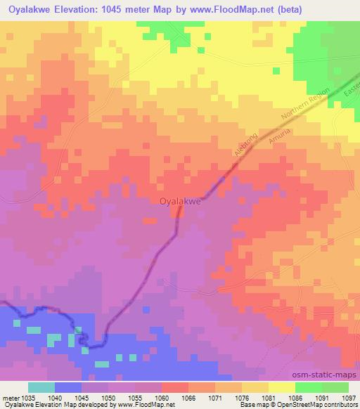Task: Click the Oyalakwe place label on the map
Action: (181, 201)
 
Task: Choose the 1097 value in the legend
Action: (347, 398)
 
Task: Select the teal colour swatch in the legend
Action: (41, 388)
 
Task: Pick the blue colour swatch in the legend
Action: (68, 388)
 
